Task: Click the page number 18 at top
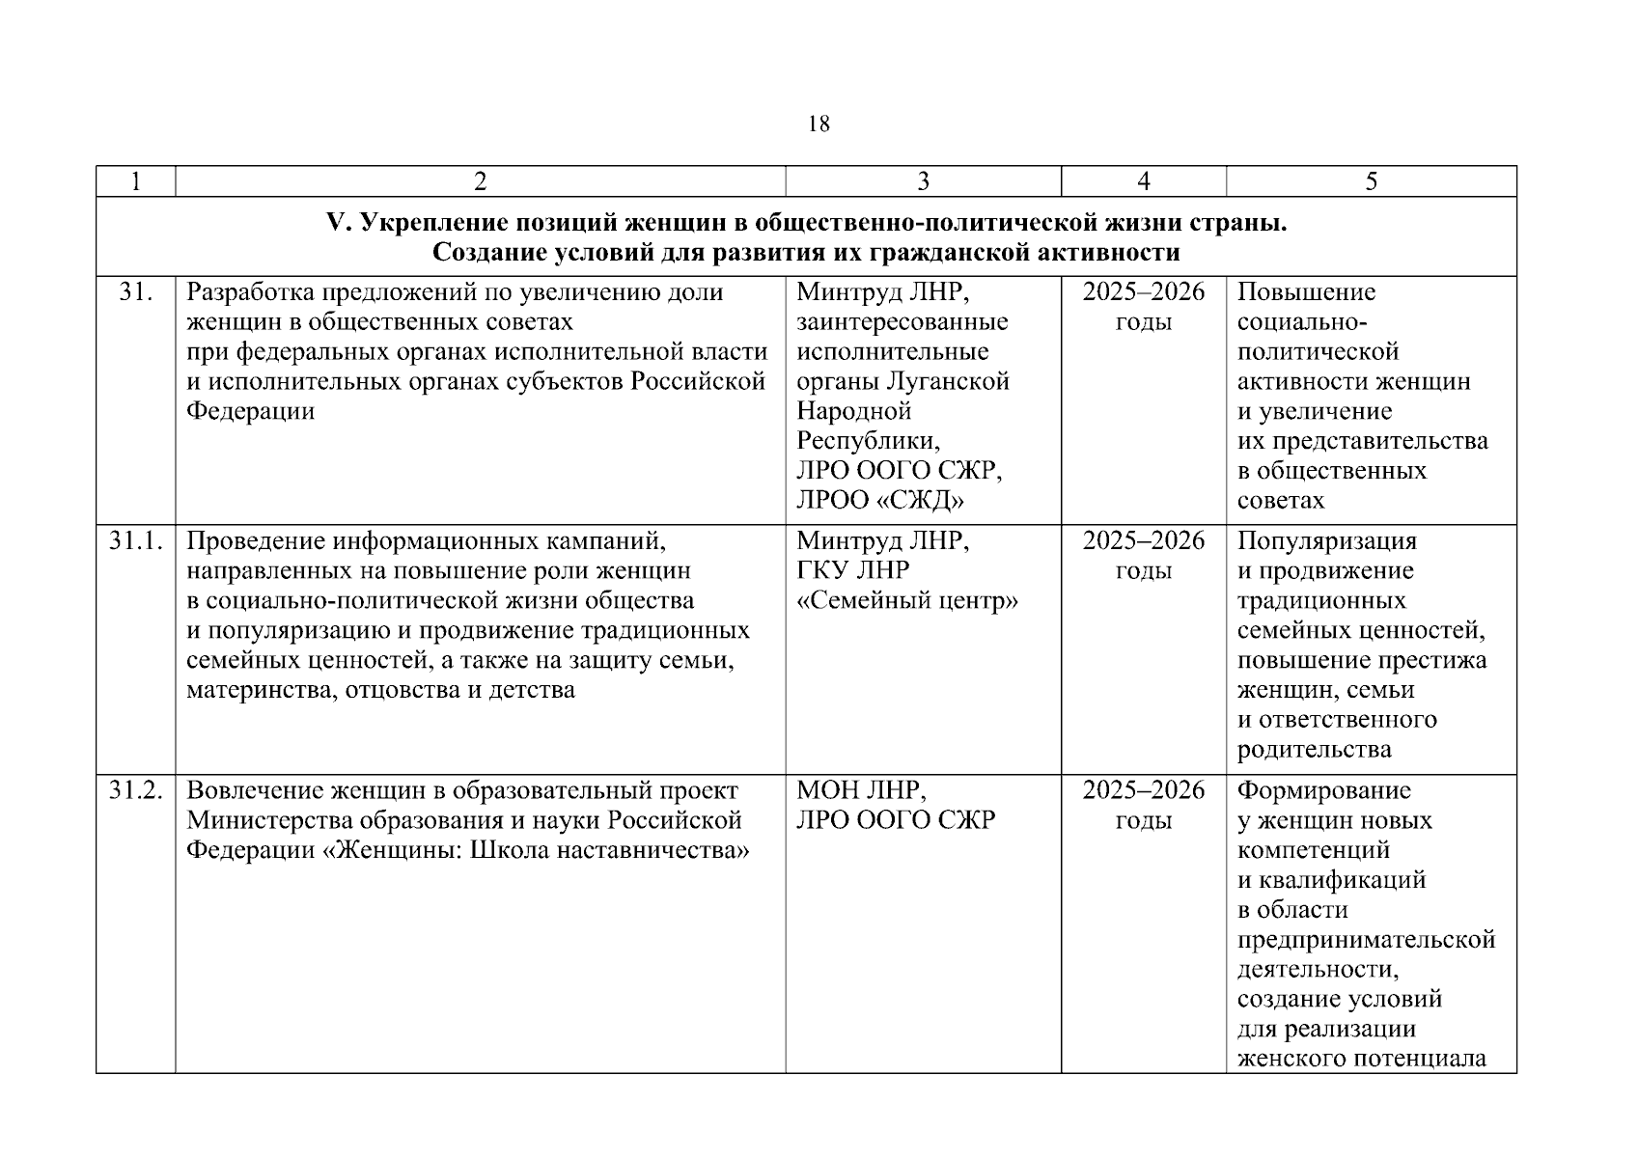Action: (x=818, y=124)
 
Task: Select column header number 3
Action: (x=923, y=181)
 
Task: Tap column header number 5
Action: (x=1371, y=181)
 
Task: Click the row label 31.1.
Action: (x=135, y=541)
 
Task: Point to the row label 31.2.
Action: (x=135, y=791)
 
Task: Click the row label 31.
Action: (x=135, y=292)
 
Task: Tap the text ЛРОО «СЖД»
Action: (x=880, y=501)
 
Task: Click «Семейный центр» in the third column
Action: (x=907, y=601)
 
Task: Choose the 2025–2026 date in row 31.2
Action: (x=1143, y=791)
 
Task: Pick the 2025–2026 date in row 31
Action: (x=1143, y=292)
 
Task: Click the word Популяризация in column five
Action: (x=1326, y=541)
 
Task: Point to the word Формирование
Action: (x=1323, y=791)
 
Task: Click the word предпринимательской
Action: (x=1366, y=940)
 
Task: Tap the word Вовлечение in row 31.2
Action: (x=256, y=791)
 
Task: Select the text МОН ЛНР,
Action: (x=861, y=791)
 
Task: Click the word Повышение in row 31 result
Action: (x=1306, y=292)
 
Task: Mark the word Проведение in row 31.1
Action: (x=249, y=541)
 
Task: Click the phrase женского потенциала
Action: (x=1361, y=1059)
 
